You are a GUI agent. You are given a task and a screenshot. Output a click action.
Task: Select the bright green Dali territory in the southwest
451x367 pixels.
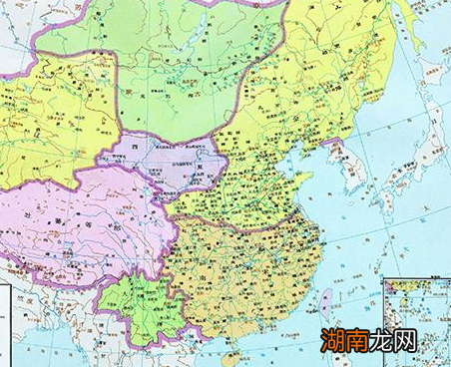[x=135, y=304]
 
